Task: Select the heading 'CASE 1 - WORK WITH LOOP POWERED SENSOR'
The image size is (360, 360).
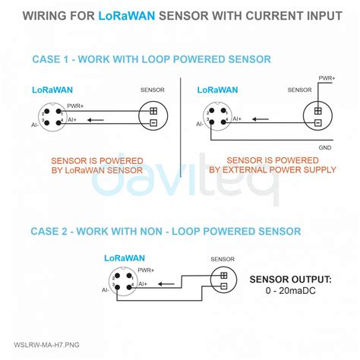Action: point(151,59)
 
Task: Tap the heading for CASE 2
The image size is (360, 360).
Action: point(166,231)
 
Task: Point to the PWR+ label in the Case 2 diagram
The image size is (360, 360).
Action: point(147,270)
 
